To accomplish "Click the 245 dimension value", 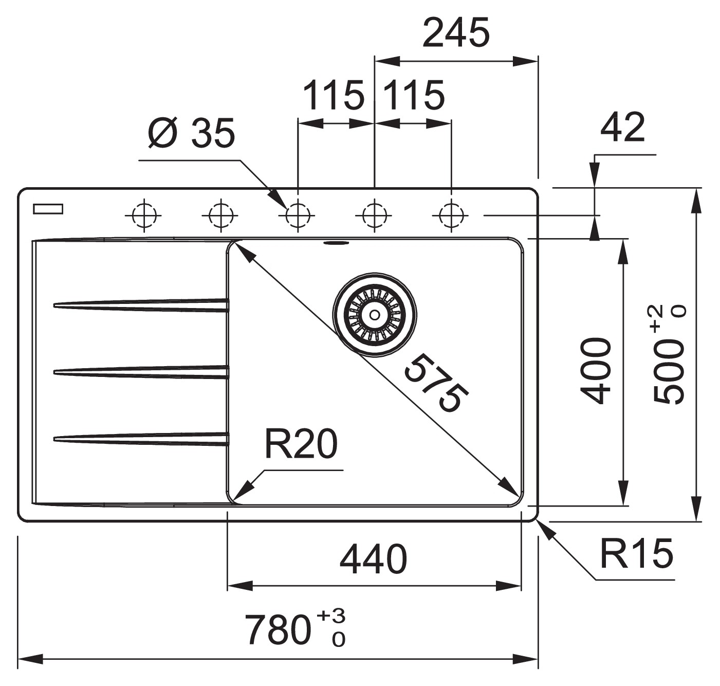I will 455,33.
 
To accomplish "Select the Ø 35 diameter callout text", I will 191,133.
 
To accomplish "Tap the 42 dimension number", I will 622,128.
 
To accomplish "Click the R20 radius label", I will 301,444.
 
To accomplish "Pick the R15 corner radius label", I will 636,554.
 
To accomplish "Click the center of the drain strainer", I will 375,314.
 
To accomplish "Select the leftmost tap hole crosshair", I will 143,215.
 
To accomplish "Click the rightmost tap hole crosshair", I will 451,215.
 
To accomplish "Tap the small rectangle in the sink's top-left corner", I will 48,209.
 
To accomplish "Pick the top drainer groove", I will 141,305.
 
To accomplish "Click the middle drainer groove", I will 141,372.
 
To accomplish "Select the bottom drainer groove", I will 141,438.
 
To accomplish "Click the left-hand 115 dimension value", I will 334,96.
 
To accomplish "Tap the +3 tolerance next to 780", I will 331,616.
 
